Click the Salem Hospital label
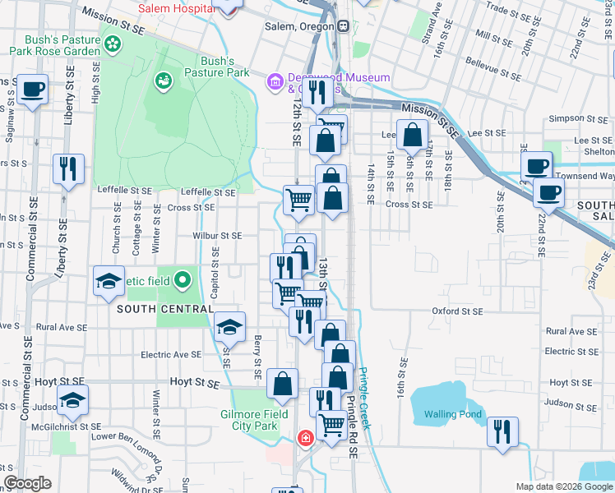click(177, 8)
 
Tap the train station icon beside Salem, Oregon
click(342, 25)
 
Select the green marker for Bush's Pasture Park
click(163, 81)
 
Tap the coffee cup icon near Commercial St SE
click(32, 89)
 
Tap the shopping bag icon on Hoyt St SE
click(282, 384)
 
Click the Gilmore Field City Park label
click(254, 420)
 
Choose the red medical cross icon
click(306, 439)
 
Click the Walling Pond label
click(451, 414)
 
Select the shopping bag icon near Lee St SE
click(412, 134)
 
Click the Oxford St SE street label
click(458, 311)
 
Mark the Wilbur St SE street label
click(217, 236)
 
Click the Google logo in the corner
click(28, 483)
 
